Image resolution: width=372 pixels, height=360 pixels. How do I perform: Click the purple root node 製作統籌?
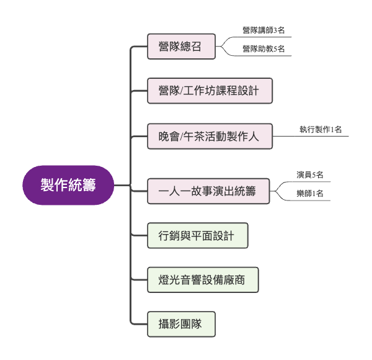(68, 185)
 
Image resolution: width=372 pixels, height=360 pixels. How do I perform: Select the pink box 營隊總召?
(181, 46)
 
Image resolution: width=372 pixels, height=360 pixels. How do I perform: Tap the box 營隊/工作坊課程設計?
(210, 91)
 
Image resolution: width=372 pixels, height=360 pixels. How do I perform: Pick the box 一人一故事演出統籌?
(210, 191)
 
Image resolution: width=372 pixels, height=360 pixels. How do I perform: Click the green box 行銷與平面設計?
(197, 235)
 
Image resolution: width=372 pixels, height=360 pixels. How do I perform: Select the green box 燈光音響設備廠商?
(203, 280)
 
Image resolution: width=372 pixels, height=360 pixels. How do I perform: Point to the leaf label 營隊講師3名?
(263, 30)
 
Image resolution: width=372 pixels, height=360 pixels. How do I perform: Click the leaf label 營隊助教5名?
(263, 49)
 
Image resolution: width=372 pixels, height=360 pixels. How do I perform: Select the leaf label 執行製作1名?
(321, 130)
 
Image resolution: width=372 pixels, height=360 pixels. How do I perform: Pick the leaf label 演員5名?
(310, 175)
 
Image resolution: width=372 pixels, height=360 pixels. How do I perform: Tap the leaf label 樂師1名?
(310, 194)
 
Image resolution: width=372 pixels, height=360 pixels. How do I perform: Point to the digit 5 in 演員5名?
(313, 175)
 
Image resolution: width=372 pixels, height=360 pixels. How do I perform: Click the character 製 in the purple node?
(48, 185)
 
